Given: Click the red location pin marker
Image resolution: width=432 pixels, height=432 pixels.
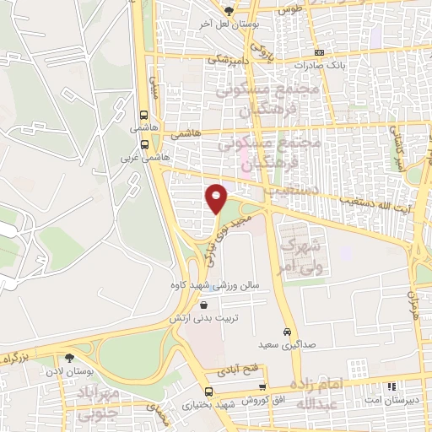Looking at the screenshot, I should coord(217,199).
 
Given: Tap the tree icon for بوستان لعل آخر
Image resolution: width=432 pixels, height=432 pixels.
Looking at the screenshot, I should coord(229,10).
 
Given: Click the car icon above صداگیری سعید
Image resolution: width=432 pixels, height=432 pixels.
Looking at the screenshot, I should coord(287,332).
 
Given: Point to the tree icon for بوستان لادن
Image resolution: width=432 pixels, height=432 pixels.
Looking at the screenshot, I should coord(81,359).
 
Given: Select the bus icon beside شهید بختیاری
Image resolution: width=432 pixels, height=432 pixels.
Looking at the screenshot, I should coord(209,392).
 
